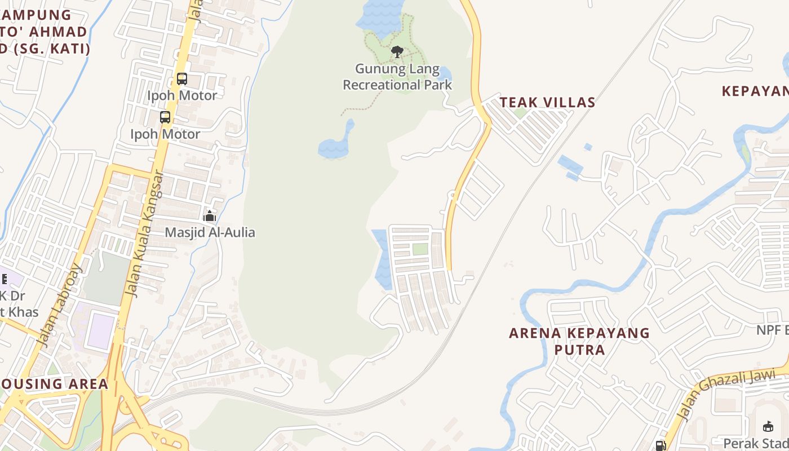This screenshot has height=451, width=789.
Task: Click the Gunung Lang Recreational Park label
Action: pos(397,77)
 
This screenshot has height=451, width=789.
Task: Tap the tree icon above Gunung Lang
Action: pos(397,52)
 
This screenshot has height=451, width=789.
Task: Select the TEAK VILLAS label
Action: pos(547,102)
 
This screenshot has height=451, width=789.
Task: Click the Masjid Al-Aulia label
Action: pos(210,232)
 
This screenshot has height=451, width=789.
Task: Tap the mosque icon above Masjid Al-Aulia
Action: pos(210,216)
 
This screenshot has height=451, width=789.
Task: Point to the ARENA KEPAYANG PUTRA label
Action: pos(579,341)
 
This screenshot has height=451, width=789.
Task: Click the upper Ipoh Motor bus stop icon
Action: pos(181,79)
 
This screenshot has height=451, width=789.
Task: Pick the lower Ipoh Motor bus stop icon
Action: pos(165,117)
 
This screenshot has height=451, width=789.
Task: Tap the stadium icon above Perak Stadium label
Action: pos(768,426)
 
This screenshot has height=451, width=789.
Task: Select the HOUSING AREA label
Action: pos(54,384)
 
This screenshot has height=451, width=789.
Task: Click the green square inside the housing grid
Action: pos(420,249)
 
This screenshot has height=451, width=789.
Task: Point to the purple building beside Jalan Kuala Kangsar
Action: pos(102,326)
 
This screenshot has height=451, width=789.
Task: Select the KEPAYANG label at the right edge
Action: pos(755,91)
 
